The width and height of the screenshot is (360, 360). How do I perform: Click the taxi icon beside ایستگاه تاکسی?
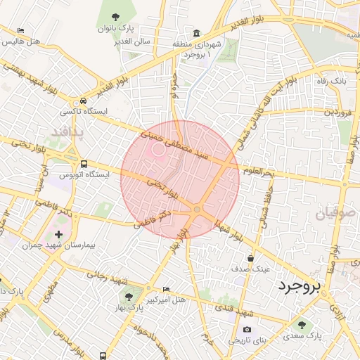[x=84, y=101]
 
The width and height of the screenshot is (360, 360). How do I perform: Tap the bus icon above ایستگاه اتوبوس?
[x=84, y=163]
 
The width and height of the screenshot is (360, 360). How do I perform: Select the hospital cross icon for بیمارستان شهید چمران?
[x=58, y=233]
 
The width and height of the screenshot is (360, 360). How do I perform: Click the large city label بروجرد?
[x=299, y=286]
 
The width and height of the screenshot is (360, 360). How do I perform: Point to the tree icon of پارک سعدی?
[x=302, y=325]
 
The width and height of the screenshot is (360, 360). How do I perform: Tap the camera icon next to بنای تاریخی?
[x=247, y=329]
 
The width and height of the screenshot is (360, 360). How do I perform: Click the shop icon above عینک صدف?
[x=251, y=258]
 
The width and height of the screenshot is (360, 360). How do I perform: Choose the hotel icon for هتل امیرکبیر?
[x=166, y=289]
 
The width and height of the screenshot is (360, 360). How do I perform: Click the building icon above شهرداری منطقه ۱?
[x=195, y=33]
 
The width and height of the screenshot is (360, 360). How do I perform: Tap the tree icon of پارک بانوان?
[x=115, y=17]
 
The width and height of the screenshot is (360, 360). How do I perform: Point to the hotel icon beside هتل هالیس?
[x=21, y=32]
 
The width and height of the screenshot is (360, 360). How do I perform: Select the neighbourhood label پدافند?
[x=68, y=131]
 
